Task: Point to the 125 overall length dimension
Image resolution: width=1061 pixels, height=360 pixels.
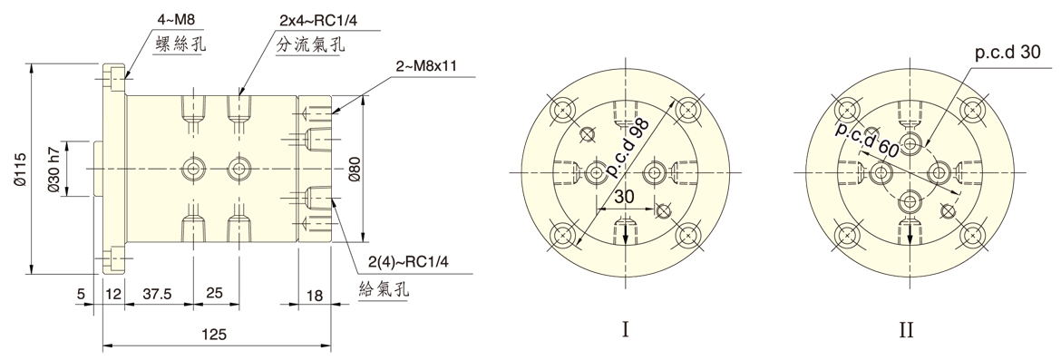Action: click(x=214, y=334)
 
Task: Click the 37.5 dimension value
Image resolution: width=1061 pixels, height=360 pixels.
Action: click(x=157, y=295)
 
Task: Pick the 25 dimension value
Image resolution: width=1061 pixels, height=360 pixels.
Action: click(x=215, y=295)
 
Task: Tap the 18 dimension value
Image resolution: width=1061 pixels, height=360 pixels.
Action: click(x=315, y=296)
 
